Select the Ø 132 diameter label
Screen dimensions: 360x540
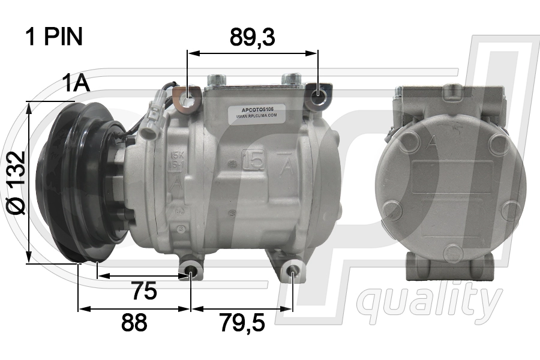[17, 182]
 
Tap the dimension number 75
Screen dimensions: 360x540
[144, 292]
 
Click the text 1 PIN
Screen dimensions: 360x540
[53, 37]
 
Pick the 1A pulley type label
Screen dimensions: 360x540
[76, 83]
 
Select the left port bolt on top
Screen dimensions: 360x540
[214, 80]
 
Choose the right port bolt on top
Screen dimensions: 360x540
[293, 79]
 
